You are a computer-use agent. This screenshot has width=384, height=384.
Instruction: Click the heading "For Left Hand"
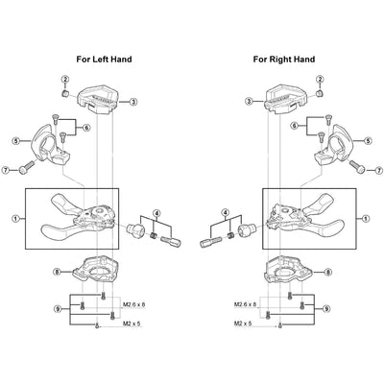(104, 60)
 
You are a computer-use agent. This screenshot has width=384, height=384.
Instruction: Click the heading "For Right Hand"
(284, 60)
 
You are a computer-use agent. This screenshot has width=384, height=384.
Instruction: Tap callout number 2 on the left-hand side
(65, 79)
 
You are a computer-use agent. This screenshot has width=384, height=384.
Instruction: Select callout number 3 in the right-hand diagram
(251, 102)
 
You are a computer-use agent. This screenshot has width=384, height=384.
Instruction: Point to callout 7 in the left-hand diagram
(7, 171)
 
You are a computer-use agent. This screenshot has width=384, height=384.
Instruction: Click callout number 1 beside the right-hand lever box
(366, 219)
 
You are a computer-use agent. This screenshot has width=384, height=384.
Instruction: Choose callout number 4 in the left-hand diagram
(156, 213)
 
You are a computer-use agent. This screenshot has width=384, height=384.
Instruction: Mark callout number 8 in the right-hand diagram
(328, 272)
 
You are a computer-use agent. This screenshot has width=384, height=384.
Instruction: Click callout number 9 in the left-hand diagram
(58, 309)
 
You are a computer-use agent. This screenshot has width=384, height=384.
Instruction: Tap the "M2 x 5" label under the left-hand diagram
(132, 324)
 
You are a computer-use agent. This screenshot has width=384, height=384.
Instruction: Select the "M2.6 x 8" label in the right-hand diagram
(246, 304)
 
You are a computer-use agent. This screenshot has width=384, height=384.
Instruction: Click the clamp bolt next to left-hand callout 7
(27, 168)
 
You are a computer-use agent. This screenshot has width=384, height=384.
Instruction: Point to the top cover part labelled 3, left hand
(98, 101)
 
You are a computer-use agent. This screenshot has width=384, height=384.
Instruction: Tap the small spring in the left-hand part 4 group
(154, 236)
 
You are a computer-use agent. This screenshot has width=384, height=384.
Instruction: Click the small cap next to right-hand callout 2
(319, 93)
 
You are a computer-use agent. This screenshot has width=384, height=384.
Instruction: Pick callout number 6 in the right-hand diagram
(295, 126)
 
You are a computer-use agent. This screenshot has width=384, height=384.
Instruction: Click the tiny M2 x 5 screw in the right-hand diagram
(280, 325)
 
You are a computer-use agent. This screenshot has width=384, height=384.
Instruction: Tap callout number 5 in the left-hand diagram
(15, 140)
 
